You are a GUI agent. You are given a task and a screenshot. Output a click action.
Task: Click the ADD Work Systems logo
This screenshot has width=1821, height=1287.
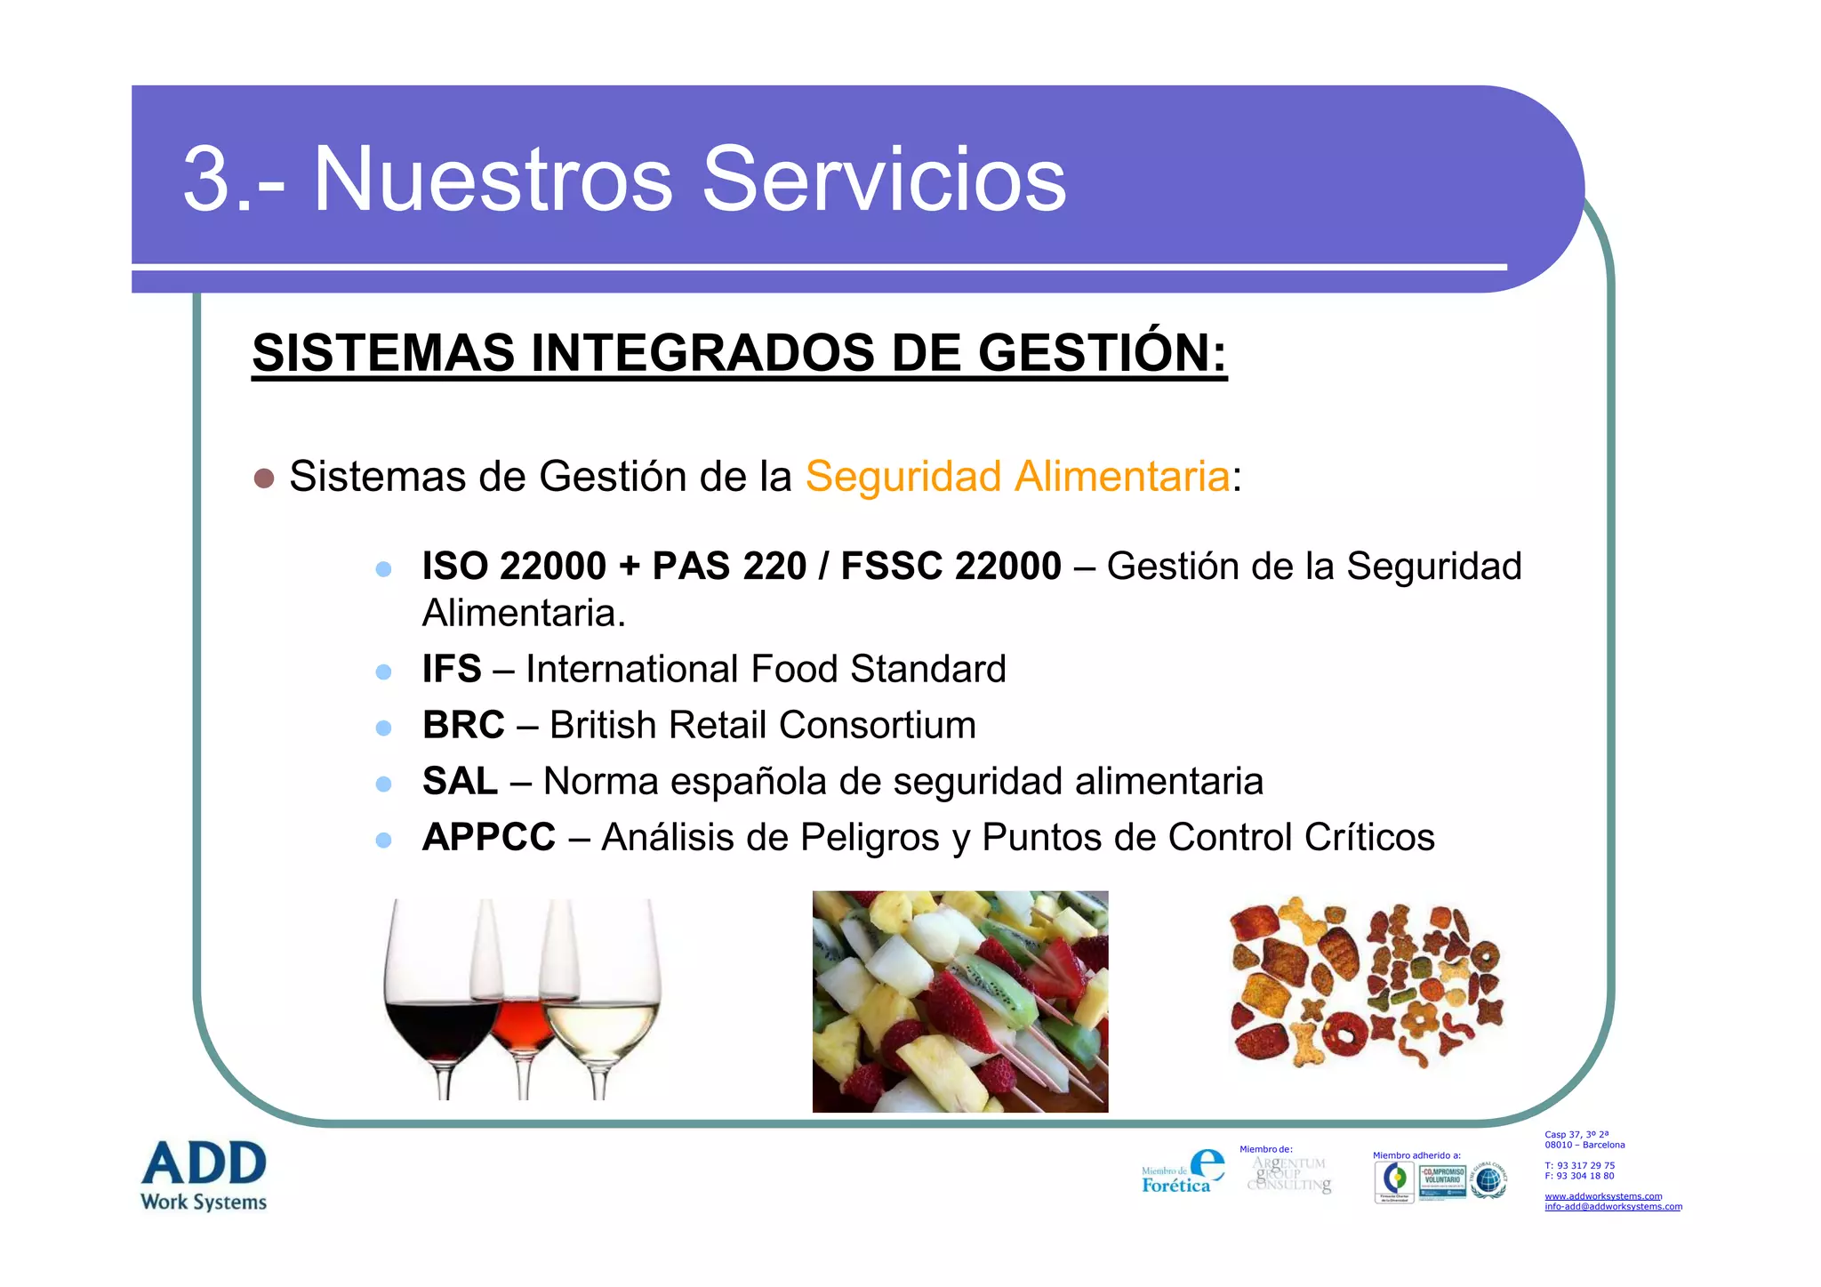pos(204,1176)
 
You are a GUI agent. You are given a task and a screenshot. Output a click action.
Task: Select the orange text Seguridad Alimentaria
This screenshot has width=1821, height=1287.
pos(1017,476)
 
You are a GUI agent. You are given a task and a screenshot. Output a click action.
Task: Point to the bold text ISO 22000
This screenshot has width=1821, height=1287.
pos(514,567)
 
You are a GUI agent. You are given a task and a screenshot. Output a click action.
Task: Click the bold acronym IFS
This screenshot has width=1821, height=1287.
pos(452,669)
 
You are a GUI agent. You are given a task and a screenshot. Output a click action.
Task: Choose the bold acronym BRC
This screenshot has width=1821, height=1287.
pos(463,725)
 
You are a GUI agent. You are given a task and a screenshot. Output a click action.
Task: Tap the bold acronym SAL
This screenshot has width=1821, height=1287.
pos(460,781)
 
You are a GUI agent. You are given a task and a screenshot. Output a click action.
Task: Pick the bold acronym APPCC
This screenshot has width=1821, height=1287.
pos(489,837)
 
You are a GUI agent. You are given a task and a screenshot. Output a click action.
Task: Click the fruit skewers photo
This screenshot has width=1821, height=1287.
pos(960,1001)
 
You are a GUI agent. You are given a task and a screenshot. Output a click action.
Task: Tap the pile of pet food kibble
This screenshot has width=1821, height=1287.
pos(1366,984)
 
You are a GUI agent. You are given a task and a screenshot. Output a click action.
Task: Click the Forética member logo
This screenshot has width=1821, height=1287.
pos(1183,1171)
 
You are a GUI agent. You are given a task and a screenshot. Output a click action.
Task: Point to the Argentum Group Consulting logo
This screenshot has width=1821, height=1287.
pos(1289,1174)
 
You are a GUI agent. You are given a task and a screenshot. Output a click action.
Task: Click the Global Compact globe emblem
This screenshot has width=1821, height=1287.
pos(1488,1180)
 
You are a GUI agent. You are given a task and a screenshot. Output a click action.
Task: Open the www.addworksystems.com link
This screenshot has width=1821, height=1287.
pos(1603,1196)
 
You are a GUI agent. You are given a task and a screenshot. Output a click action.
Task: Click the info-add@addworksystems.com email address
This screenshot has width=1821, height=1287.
pos(1613,1207)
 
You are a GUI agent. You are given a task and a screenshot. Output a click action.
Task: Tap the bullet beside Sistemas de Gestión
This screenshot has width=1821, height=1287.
pos(264,479)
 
